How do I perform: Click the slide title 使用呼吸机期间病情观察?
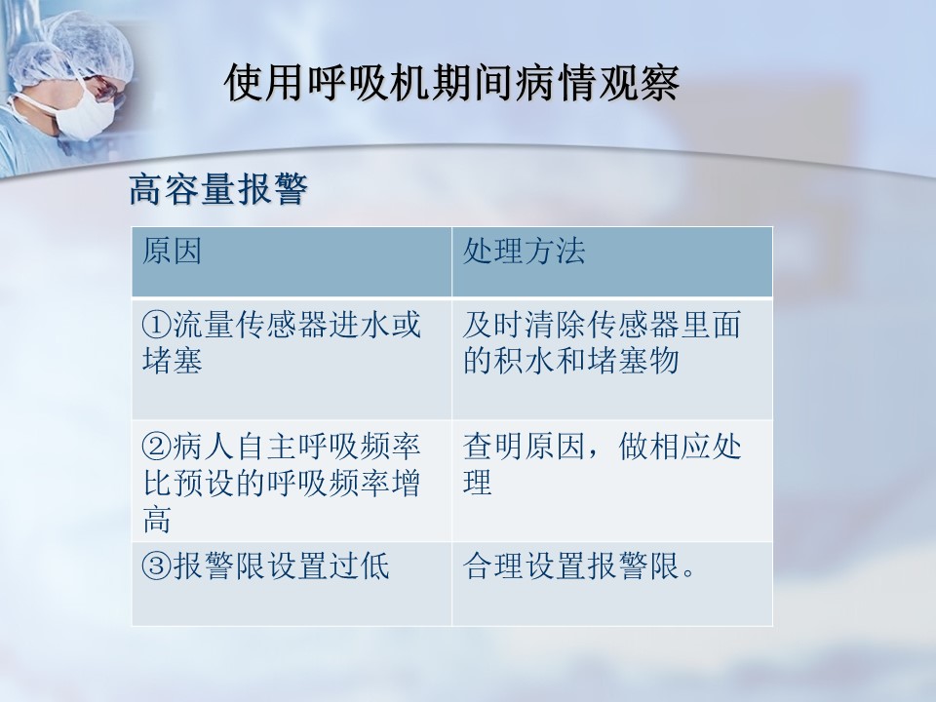pyautogui.click(x=451, y=82)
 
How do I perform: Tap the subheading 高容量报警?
pyautogui.click(x=218, y=189)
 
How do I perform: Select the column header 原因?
pyautogui.click(x=172, y=251)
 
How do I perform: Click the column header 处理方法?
pyautogui.click(x=524, y=251)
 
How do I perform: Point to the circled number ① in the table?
pyautogui.click(x=156, y=326)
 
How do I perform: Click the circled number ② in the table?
pyautogui.click(x=156, y=448)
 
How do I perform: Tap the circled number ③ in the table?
pyautogui.click(x=156, y=565)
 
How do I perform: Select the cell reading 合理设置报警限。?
pyautogui.click(x=579, y=565)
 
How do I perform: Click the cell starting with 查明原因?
pyautogui.click(x=602, y=464)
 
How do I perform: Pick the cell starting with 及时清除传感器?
pyautogui.click(x=602, y=342)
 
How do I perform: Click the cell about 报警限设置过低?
pyautogui.click(x=265, y=565)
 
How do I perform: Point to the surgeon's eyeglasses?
pyautogui.click(x=106, y=90)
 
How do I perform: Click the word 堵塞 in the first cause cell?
pyautogui.click(x=172, y=361)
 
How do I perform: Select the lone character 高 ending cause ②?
pyautogui.click(x=157, y=519)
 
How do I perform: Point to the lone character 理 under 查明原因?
pyautogui.click(x=478, y=483)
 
